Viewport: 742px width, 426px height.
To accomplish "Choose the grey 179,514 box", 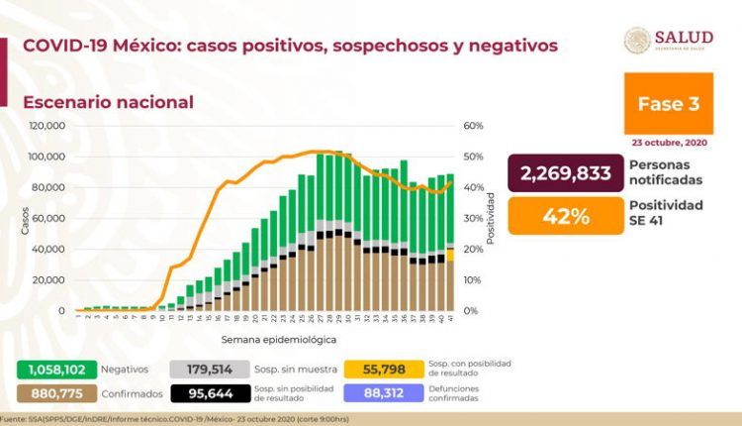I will tap(210, 368).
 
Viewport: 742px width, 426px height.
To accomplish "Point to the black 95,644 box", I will tap(210, 391).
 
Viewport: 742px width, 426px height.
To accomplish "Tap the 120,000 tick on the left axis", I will tap(46, 126).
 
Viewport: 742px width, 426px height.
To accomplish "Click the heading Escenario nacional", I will tap(108, 102).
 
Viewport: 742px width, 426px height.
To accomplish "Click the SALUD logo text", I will tap(682, 37).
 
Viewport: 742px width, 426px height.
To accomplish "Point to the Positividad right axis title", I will tap(493, 218).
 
